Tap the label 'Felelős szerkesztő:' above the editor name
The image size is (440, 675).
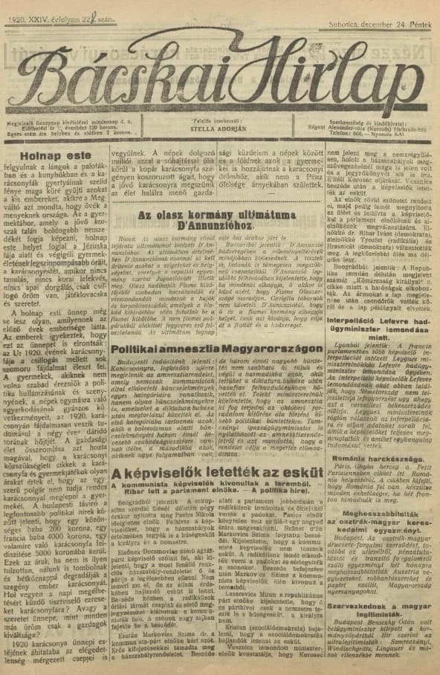(x=217, y=119)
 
